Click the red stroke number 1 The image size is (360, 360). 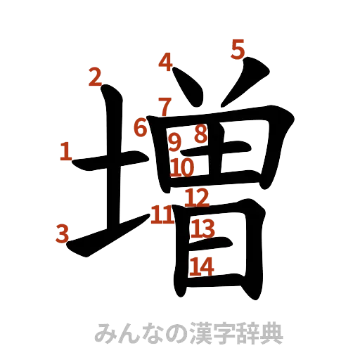(x=65, y=151)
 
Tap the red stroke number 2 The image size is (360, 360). (x=95, y=77)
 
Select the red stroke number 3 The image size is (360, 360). (x=63, y=233)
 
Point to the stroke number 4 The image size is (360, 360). (x=166, y=63)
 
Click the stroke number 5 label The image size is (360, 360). (x=238, y=49)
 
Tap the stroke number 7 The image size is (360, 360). (x=164, y=108)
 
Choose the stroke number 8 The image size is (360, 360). (x=200, y=134)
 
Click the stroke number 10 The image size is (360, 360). (x=182, y=167)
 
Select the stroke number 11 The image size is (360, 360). (x=162, y=214)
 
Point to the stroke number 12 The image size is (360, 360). (x=197, y=198)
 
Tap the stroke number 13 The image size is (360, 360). (x=203, y=228)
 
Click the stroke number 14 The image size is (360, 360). (x=202, y=266)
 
